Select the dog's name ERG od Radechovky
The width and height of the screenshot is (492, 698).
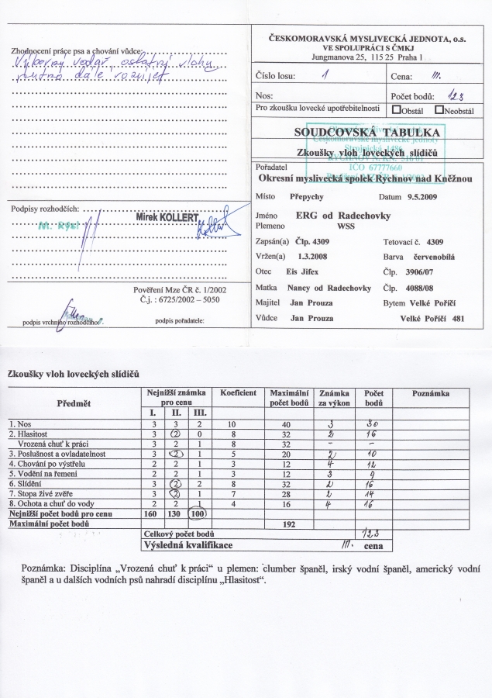click(345, 215)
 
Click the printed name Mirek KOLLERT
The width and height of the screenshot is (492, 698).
click(167, 219)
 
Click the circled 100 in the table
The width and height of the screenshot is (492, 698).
click(200, 513)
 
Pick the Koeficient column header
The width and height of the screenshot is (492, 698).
click(238, 393)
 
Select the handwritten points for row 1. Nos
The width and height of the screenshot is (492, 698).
click(373, 423)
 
